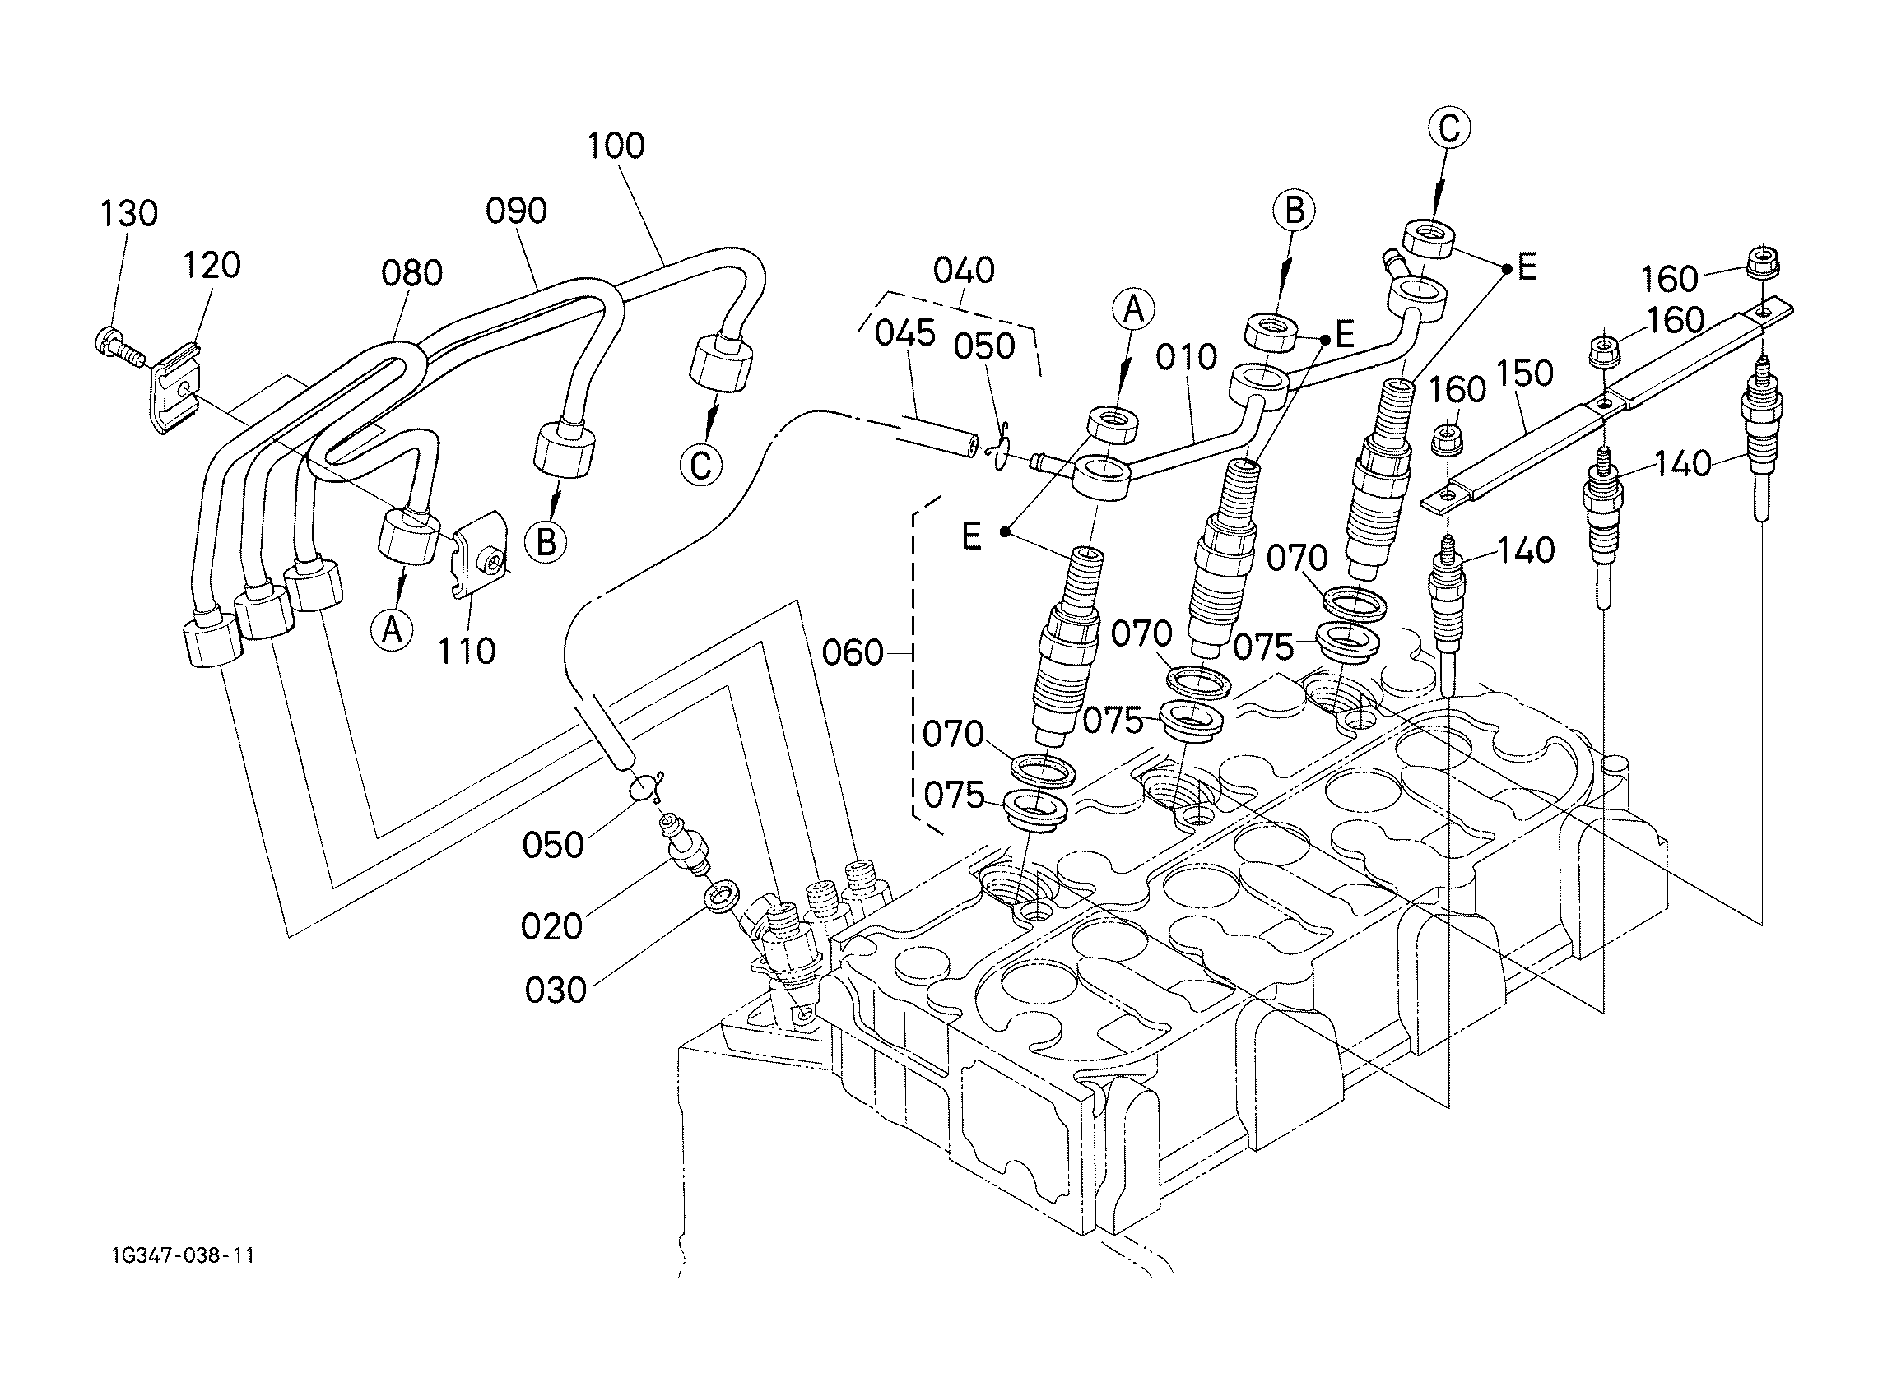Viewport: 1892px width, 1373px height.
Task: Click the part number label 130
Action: (128, 214)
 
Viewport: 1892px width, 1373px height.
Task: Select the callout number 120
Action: (212, 265)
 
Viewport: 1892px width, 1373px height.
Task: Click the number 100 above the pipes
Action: (616, 146)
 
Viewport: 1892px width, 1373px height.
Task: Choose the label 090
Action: (516, 211)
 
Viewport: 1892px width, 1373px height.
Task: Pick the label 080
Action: (412, 274)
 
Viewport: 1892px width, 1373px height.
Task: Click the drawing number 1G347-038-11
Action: (181, 1256)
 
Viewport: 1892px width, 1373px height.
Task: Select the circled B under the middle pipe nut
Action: (546, 543)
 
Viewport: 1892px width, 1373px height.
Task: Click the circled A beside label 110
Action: (392, 631)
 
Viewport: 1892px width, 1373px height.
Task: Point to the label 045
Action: (905, 334)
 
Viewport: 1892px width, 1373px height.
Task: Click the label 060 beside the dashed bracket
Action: (853, 653)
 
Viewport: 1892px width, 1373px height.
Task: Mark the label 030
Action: (556, 991)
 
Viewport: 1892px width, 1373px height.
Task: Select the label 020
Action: (551, 927)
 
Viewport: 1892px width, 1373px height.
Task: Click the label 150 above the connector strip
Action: (1525, 373)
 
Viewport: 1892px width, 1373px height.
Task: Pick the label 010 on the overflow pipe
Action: (1186, 358)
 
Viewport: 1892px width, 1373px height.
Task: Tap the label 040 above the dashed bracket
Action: (964, 271)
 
